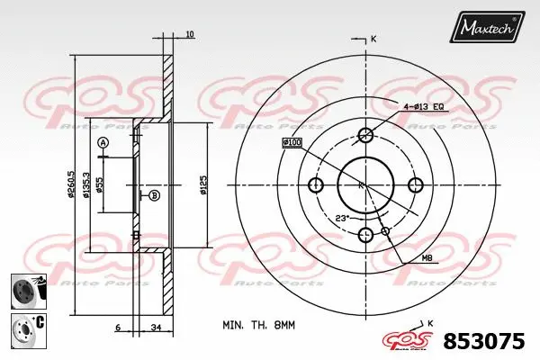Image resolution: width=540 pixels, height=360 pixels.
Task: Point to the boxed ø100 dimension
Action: tap(292, 142)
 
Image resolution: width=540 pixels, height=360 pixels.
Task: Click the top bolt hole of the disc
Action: tap(365, 135)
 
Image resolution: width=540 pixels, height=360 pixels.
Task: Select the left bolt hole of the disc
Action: tap(315, 185)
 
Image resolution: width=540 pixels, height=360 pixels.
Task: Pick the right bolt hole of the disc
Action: tap(416, 185)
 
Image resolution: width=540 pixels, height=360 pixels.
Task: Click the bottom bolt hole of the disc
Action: tap(365, 236)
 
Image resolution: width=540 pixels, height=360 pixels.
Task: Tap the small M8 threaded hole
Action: tap(385, 231)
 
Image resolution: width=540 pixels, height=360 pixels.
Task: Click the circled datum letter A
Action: tap(103, 143)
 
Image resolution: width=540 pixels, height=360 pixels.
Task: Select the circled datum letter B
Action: tap(154, 195)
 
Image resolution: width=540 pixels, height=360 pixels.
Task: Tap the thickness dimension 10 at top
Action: tap(189, 34)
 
